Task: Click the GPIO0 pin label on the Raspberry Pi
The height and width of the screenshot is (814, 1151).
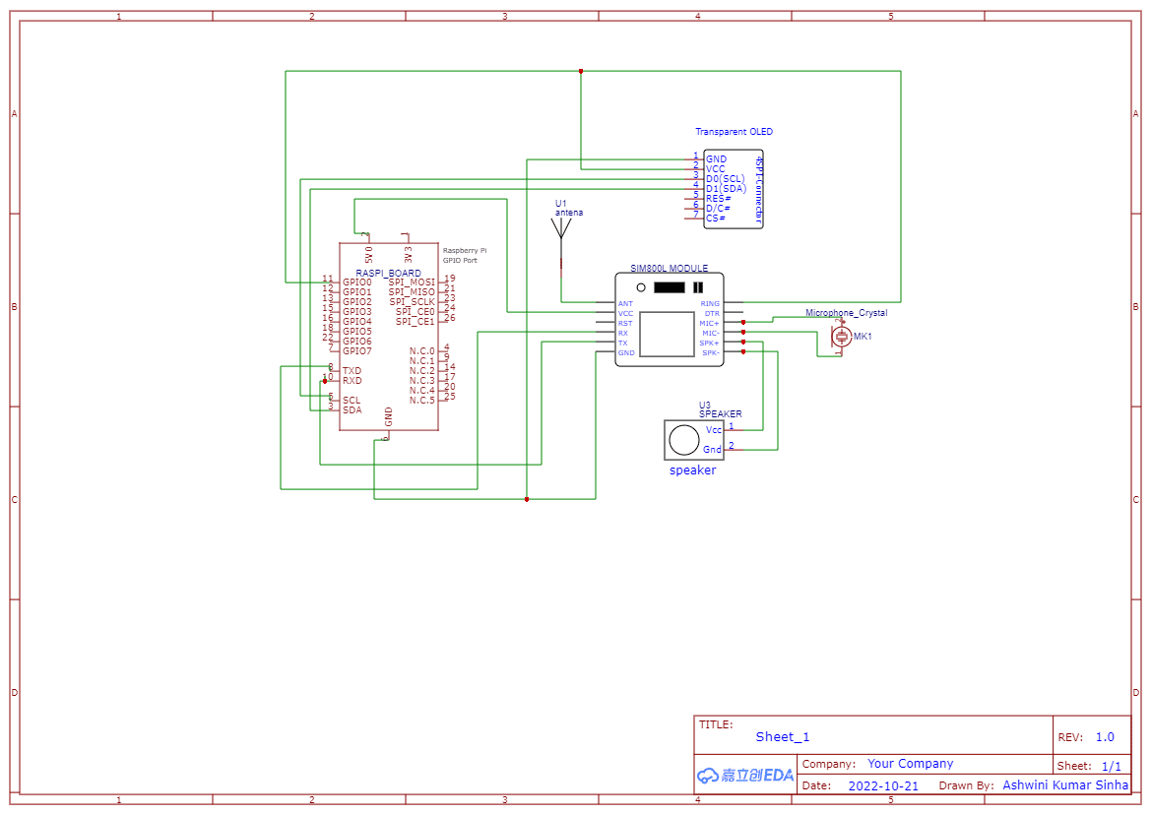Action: coord(357,282)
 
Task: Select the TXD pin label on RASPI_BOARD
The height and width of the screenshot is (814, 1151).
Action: coord(352,371)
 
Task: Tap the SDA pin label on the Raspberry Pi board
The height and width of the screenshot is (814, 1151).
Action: coord(352,409)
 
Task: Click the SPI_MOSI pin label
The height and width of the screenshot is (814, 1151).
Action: coord(412,282)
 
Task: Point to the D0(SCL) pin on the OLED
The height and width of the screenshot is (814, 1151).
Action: coord(726,178)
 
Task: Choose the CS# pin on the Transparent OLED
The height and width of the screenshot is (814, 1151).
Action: coord(716,218)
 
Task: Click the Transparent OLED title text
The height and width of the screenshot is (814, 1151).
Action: coord(734,132)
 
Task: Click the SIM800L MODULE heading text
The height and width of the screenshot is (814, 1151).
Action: coord(670,269)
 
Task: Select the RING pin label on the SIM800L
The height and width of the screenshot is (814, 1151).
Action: coord(710,303)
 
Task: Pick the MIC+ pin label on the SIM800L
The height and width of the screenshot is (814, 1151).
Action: coord(709,323)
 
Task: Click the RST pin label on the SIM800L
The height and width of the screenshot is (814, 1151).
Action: coord(625,323)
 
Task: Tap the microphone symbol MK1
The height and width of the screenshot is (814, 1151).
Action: coord(841,337)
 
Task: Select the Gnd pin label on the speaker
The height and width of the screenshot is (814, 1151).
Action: coord(713,450)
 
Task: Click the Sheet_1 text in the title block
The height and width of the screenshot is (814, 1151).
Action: coord(783,737)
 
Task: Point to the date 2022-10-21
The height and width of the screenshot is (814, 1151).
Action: coord(882,786)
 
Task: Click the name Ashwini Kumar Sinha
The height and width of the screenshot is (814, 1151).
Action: coord(1065,785)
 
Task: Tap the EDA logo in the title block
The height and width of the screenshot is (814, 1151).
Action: coord(745,776)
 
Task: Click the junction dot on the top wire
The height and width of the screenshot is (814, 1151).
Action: coord(581,71)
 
